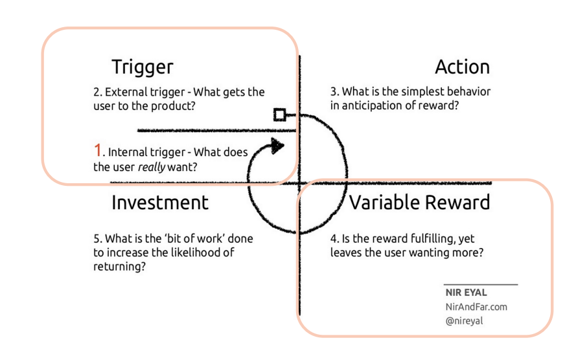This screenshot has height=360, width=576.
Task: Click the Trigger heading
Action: [x=143, y=67]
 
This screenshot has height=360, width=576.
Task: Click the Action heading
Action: [x=462, y=67]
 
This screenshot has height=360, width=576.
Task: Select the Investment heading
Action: [x=160, y=202]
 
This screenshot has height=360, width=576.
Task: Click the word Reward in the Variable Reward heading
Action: [x=457, y=202]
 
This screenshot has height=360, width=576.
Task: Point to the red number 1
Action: [x=98, y=151]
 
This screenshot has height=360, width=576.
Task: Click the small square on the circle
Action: [x=279, y=115]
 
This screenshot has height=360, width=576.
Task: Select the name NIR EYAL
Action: [x=466, y=293]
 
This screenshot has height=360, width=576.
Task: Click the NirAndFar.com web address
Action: [x=476, y=306]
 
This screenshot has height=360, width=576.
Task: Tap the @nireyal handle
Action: [x=465, y=321]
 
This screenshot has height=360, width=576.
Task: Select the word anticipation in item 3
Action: [x=372, y=105]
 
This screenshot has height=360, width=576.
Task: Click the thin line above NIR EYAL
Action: [x=481, y=284]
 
